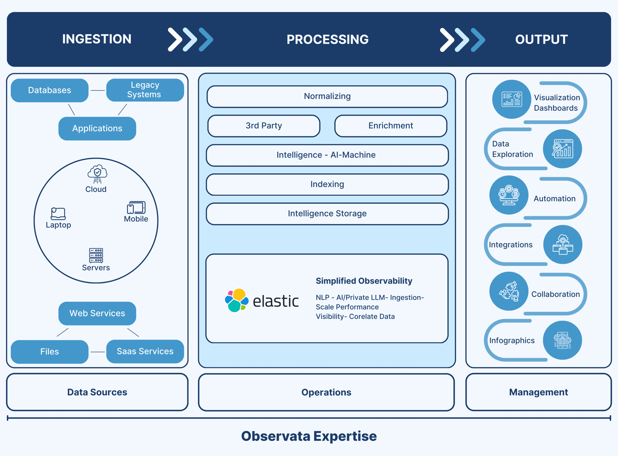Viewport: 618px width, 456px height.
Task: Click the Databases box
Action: click(49, 90)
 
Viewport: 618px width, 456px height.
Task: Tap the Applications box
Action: click(97, 128)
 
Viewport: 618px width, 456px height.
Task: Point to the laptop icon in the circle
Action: click(58, 213)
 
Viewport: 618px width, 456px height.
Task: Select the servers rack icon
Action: click(96, 255)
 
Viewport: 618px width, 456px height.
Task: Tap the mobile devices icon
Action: click(136, 207)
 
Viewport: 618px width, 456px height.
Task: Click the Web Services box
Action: click(97, 313)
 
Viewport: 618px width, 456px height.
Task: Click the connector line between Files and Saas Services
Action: click(98, 352)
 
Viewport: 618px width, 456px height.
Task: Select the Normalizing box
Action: click(327, 96)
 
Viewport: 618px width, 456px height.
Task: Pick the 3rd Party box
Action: click(263, 126)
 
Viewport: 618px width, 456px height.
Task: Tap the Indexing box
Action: click(327, 184)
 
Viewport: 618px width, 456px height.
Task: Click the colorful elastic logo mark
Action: click(236, 300)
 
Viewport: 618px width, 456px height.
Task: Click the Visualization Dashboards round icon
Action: click(511, 99)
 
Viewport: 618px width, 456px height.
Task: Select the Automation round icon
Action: click(509, 195)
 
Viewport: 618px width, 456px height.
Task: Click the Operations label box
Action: click(326, 392)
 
